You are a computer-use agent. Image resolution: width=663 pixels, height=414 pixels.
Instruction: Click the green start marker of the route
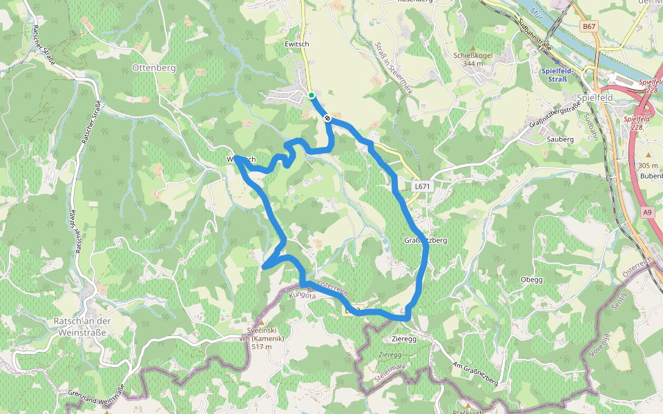pyautogui.click(x=311, y=95)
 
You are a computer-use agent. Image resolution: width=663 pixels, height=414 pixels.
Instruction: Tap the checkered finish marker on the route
pyautogui.click(x=327, y=119)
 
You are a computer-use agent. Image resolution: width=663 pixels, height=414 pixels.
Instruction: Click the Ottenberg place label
pyautogui.click(x=154, y=68)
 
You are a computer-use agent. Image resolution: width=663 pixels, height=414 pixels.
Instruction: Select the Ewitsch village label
pyautogui.click(x=297, y=43)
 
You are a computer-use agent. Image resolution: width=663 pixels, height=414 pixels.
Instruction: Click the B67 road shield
pyautogui.click(x=588, y=26)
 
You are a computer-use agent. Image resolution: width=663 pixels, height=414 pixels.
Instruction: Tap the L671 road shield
pyautogui.click(x=422, y=186)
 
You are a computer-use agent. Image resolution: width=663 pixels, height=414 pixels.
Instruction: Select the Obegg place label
pyautogui.click(x=532, y=279)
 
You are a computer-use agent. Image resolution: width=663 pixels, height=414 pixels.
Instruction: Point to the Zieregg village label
pyautogui.click(x=404, y=339)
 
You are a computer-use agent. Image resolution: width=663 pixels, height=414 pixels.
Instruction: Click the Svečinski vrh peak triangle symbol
pyautogui.click(x=261, y=322)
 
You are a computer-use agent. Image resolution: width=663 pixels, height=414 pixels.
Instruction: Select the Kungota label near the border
pyautogui.click(x=302, y=295)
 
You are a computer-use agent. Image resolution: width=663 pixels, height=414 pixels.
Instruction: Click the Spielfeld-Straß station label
pyautogui.click(x=554, y=75)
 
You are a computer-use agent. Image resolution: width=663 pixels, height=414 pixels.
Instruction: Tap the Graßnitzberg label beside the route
pyautogui.click(x=426, y=241)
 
